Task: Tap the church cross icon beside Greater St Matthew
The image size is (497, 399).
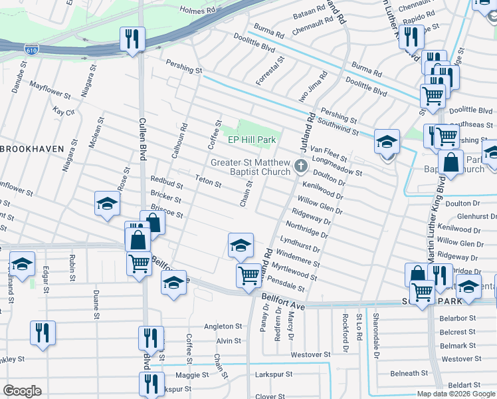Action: tap(300, 165)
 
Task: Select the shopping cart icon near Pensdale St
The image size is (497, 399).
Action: tap(248, 274)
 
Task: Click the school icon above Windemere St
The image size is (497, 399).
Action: tap(240, 244)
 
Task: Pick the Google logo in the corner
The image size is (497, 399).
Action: tap(22, 391)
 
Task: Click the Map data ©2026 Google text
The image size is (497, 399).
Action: tap(455, 394)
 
